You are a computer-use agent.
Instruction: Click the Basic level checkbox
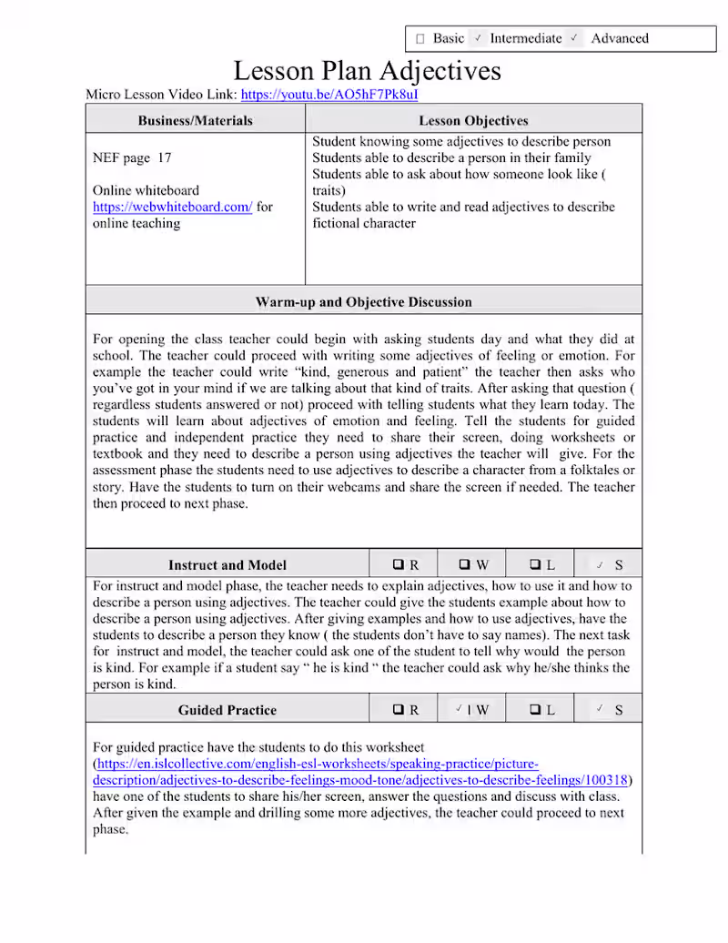pos(420,39)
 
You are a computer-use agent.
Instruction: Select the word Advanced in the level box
pos(620,38)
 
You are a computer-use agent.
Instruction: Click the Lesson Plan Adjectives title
pos(367,70)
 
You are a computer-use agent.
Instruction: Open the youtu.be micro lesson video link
pos(329,94)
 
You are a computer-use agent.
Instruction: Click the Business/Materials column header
pos(196,120)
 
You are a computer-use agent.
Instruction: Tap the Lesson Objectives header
pos(473,120)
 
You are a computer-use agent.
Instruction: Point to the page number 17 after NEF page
pos(164,157)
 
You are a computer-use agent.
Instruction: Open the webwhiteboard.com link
pos(172,207)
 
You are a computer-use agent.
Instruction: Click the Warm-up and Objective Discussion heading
pos(364,301)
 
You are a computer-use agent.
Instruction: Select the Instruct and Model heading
pos(227,564)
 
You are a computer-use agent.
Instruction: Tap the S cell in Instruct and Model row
pos(609,564)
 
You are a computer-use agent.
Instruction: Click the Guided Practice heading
pos(227,710)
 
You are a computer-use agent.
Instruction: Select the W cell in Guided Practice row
pos(471,710)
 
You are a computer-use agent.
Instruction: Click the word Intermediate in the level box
pos(526,38)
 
